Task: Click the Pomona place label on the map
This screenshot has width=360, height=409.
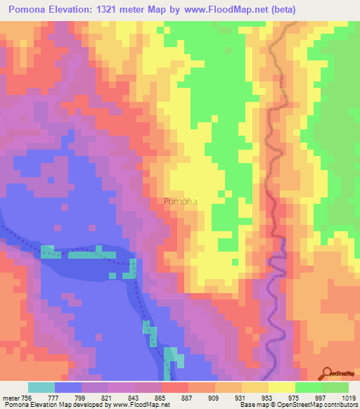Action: coord(180,202)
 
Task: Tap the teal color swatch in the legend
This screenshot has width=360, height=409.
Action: coord(41,387)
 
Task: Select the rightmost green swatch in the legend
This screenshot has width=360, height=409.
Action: coord(335,387)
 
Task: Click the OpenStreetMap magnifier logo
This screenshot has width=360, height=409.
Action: coord(328,372)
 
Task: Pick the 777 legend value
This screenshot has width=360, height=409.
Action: coord(60,398)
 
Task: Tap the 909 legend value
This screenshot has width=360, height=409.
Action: coord(215,398)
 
